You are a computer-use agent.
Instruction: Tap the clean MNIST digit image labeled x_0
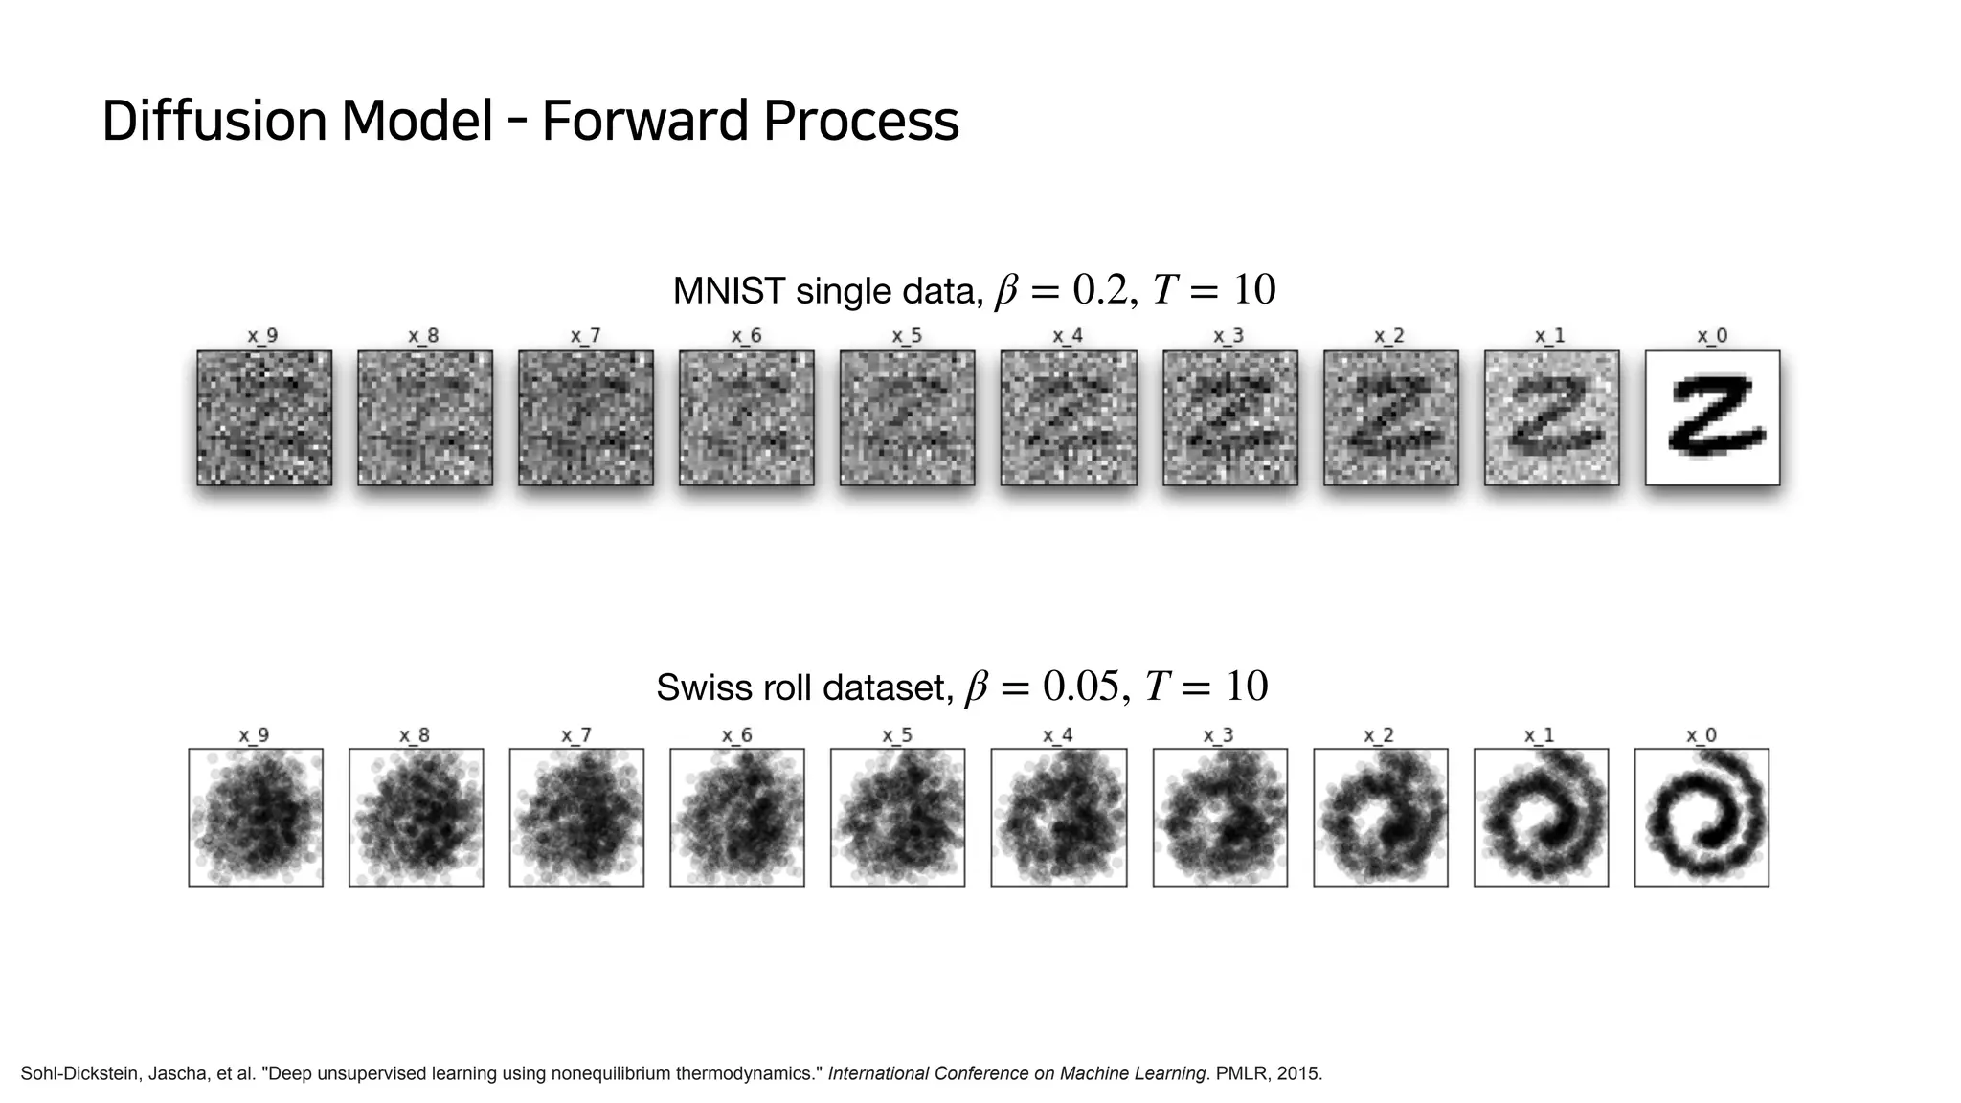(x=1712, y=417)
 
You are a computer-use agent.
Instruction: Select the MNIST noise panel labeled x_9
(x=264, y=417)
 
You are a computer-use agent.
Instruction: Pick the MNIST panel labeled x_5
(x=907, y=417)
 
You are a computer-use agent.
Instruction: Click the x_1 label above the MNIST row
(x=1549, y=336)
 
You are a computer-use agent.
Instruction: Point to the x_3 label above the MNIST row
(x=1228, y=336)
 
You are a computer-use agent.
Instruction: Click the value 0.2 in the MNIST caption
(x=1101, y=290)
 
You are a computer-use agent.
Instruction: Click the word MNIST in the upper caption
(x=730, y=291)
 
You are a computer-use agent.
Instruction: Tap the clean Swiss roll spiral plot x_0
(x=1702, y=817)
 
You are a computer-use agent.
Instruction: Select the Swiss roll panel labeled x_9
(x=256, y=817)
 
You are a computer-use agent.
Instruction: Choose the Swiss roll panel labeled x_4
(x=1058, y=817)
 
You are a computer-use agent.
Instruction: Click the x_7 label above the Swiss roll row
(x=576, y=735)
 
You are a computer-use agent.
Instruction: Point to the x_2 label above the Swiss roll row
(x=1379, y=735)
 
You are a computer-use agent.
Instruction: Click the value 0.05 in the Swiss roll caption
(x=1079, y=687)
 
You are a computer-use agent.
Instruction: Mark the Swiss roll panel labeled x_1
(x=1541, y=817)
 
